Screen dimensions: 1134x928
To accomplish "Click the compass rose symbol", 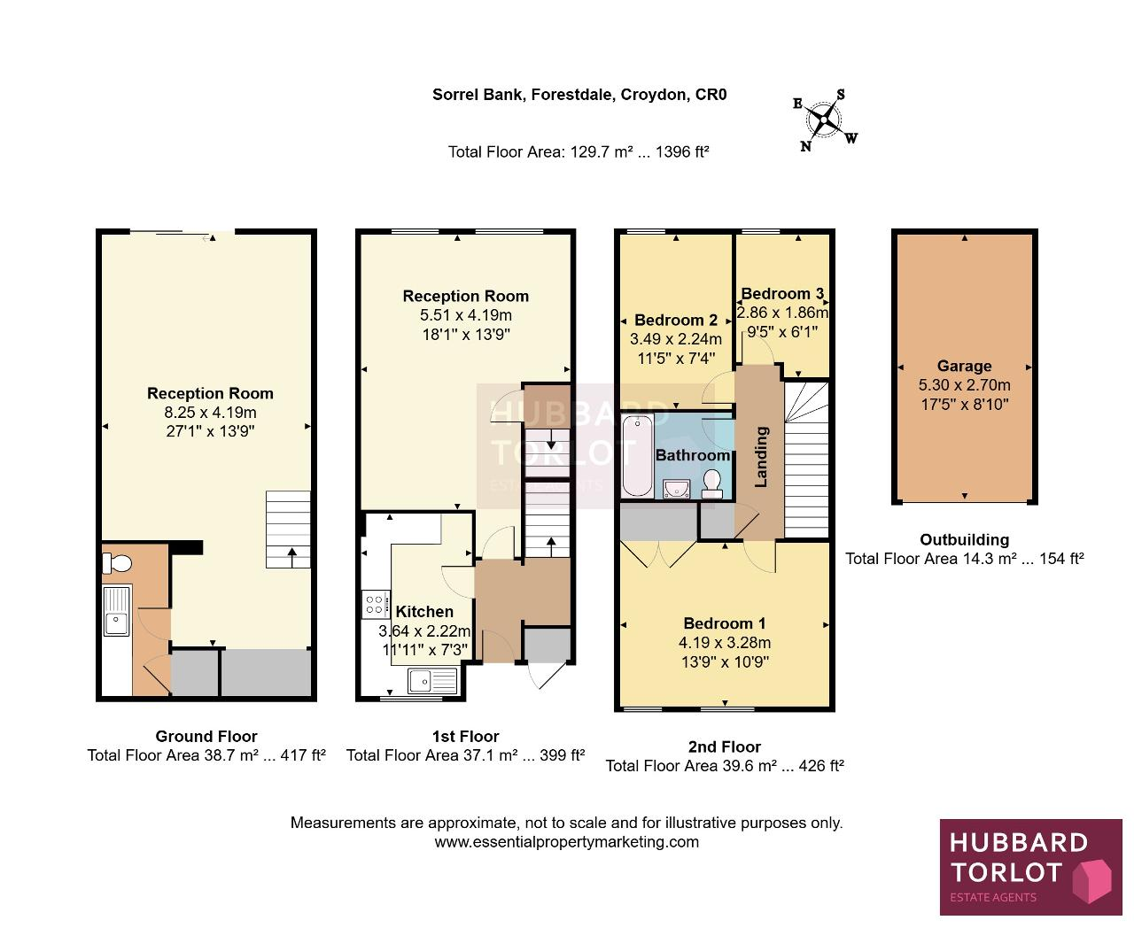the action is [x=824, y=120].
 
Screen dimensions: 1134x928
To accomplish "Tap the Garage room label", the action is [x=964, y=366].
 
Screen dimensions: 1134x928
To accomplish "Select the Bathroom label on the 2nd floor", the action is [x=692, y=455].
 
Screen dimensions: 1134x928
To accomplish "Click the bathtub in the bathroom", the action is [x=637, y=454].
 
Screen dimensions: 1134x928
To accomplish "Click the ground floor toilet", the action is [x=117, y=563].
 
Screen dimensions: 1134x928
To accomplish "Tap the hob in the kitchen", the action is [x=376, y=604].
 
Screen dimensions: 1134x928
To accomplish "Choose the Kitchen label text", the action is [x=424, y=612].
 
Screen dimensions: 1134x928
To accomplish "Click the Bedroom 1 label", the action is [x=725, y=623].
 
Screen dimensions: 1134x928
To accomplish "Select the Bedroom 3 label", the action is [x=782, y=293].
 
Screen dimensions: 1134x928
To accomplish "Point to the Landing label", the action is [x=761, y=457].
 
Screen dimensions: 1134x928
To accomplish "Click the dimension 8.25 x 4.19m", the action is [x=210, y=413].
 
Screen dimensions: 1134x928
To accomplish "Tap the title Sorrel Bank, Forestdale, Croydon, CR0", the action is [x=579, y=95].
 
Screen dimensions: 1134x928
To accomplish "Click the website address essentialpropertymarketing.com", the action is [x=567, y=842].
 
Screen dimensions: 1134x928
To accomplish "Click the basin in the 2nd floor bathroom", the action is [x=677, y=489].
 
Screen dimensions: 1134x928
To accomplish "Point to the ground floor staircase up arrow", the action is [x=292, y=557].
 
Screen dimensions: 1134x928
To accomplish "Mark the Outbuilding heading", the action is [x=964, y=539].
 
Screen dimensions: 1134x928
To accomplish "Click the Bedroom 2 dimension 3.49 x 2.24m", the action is [x=675, y=339].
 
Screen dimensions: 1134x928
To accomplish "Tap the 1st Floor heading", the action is [x=466, y=736].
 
